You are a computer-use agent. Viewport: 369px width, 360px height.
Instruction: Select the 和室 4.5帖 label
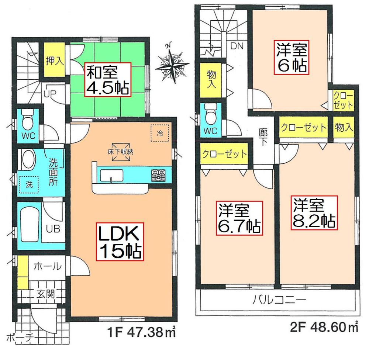pyautogui.click(x=108, y=79)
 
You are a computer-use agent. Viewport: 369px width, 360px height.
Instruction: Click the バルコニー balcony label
pyautogui.click(x=279, y=300)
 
